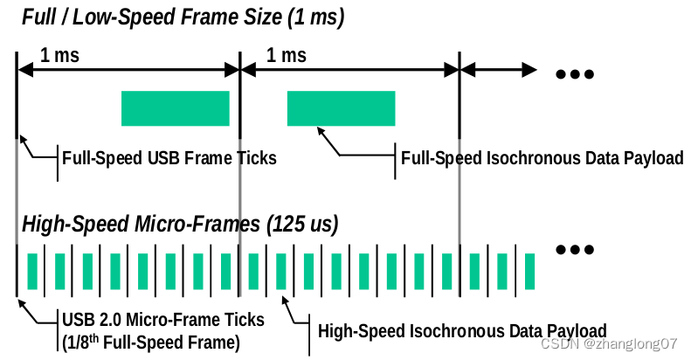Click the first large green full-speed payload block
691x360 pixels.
point(175,107)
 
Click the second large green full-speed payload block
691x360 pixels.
point(341,107)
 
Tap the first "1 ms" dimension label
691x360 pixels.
point(59,55)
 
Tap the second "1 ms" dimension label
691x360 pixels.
point(286,55)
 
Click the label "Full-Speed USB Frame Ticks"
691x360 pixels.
point(169,158)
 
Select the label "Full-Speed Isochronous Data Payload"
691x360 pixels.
point(542,158)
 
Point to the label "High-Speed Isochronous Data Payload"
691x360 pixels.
point(462,331)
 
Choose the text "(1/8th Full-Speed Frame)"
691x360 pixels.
point(151,342)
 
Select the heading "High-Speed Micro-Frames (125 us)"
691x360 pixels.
point(180,224)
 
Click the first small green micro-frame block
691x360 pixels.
point(32,271)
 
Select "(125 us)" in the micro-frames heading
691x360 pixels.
point(301,224)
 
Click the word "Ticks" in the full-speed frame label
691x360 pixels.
point(257,158)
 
